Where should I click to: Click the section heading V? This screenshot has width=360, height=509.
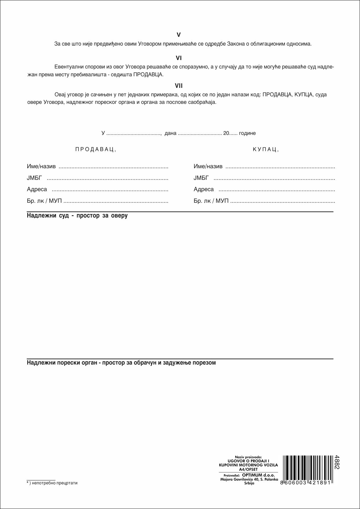coord(179,35)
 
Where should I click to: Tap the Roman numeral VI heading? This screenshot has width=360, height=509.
coord(179,58)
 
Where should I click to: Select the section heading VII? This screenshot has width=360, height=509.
coord(179,86)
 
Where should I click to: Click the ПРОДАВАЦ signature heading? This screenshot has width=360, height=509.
coord(96,149)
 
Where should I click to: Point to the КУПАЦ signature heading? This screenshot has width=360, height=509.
coord(266,149)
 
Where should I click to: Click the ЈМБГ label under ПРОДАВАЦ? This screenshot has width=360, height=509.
coord(34,178)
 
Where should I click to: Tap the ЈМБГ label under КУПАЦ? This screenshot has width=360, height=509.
coord(201,178)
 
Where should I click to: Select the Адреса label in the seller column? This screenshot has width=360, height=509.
coord(37,189)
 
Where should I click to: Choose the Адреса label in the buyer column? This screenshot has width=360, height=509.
coord(204,189)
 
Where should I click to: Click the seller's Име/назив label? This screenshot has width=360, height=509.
coord(41,166)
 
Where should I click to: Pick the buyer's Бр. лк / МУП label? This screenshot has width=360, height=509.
coord(211,201)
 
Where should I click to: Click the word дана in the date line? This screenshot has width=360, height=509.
coord(170,133)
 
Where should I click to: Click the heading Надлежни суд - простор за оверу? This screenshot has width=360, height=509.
coord(77,216)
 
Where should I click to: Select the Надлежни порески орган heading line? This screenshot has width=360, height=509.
coord(121,363)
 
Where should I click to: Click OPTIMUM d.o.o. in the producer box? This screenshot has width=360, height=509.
coord(258,475)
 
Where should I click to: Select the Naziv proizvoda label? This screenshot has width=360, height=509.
coord(248,457)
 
